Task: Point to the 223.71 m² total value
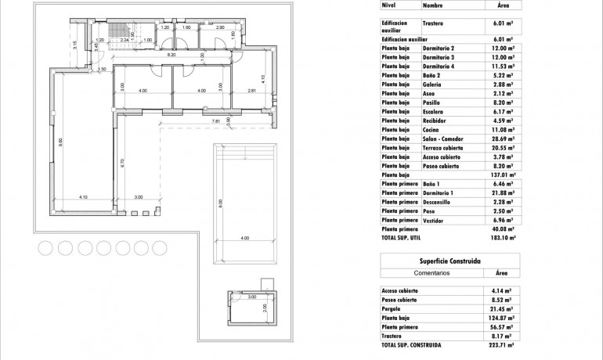pyautogui.click(x=502, y=344)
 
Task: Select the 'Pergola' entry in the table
pyautogui.click(x=392, y=310)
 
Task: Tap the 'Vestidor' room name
pyautogui.click(x=434, y=220)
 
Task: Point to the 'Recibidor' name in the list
pyautogui.click(x=435, y=121)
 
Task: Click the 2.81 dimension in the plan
pyautogui.click(x=251, y=91)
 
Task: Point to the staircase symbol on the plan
pyautogui.click(x=120, y=31)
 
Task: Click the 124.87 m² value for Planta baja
pyautogui.click(x=502, y=319)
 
